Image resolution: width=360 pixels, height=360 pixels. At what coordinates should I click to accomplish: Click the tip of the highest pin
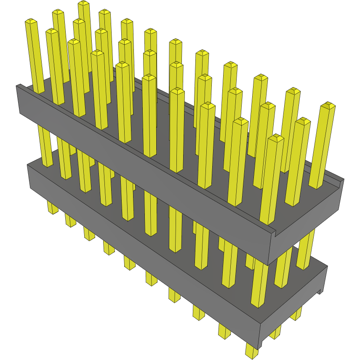pyautogui.click(x=84, y=3)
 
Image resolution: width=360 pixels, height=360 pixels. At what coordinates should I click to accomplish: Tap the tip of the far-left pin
pyautogui.click(x=31, y=21)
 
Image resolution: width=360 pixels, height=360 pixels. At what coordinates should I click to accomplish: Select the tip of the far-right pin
pyautogui.click(x=328, y=105)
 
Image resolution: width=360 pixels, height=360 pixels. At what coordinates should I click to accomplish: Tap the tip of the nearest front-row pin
pyautogui.click(x=276, y=138)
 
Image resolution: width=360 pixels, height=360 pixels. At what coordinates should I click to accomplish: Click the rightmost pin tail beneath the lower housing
pyautogui.click(x=296, y=314)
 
